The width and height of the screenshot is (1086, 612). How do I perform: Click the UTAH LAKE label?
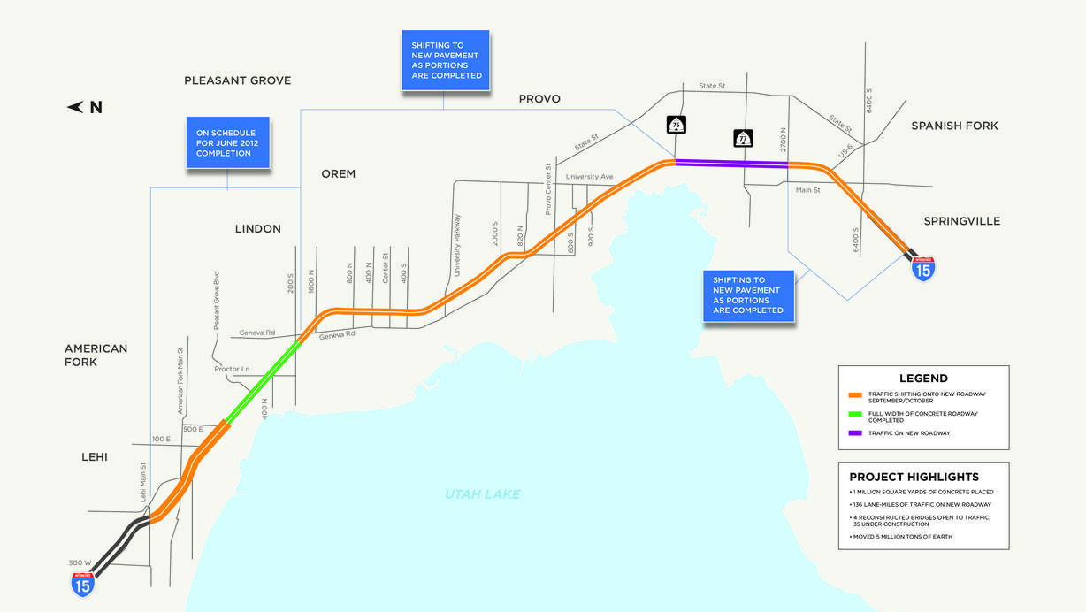[483, 494]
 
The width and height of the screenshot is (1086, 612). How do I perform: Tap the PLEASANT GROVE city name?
[237, 80]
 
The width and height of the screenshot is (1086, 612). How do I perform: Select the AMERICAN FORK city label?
[96, 356]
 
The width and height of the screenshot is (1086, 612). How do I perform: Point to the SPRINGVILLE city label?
[961, 221]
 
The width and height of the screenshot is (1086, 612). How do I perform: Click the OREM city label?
[338, 174]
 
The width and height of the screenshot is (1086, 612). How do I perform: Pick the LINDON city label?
[257, 229]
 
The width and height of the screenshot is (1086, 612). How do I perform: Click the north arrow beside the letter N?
[75, 108]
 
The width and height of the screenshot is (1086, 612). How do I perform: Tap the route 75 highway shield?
[676, 124]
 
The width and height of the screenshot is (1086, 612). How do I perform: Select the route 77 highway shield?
[743, 138]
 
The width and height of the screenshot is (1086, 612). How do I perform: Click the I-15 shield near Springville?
[922, 269]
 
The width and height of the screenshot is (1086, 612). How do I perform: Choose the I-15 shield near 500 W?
[83, 584]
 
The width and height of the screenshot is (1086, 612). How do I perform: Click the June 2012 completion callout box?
[227, 142]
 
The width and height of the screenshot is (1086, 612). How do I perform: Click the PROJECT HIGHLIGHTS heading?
[914, 477]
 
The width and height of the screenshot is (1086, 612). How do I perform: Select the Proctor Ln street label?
[233, 369]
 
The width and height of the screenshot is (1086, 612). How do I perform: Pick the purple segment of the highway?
[730, 163]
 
